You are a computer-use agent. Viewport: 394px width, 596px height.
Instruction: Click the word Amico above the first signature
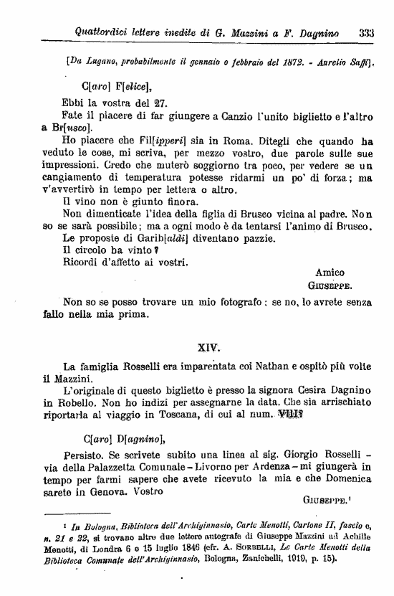(x=330, y=272)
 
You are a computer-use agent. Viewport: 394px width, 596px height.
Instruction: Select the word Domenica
(x=353, y=478)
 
